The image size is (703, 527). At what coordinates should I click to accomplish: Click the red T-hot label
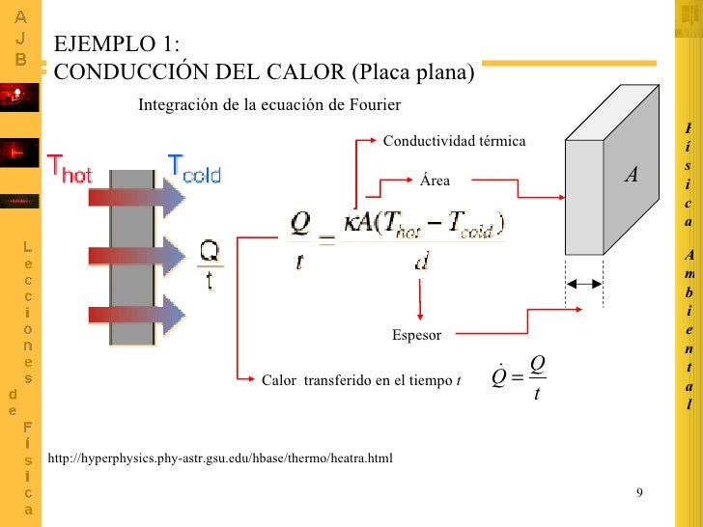70,172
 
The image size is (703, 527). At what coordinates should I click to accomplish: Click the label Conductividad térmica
455,142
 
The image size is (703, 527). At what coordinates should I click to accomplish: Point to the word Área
435,179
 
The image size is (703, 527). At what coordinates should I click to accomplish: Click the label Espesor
416,335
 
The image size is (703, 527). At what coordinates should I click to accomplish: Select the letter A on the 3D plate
632,175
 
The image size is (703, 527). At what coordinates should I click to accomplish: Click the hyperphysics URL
220,457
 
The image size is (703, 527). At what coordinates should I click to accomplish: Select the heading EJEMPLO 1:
116,45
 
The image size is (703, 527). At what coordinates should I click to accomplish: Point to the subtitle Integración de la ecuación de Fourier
269,104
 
